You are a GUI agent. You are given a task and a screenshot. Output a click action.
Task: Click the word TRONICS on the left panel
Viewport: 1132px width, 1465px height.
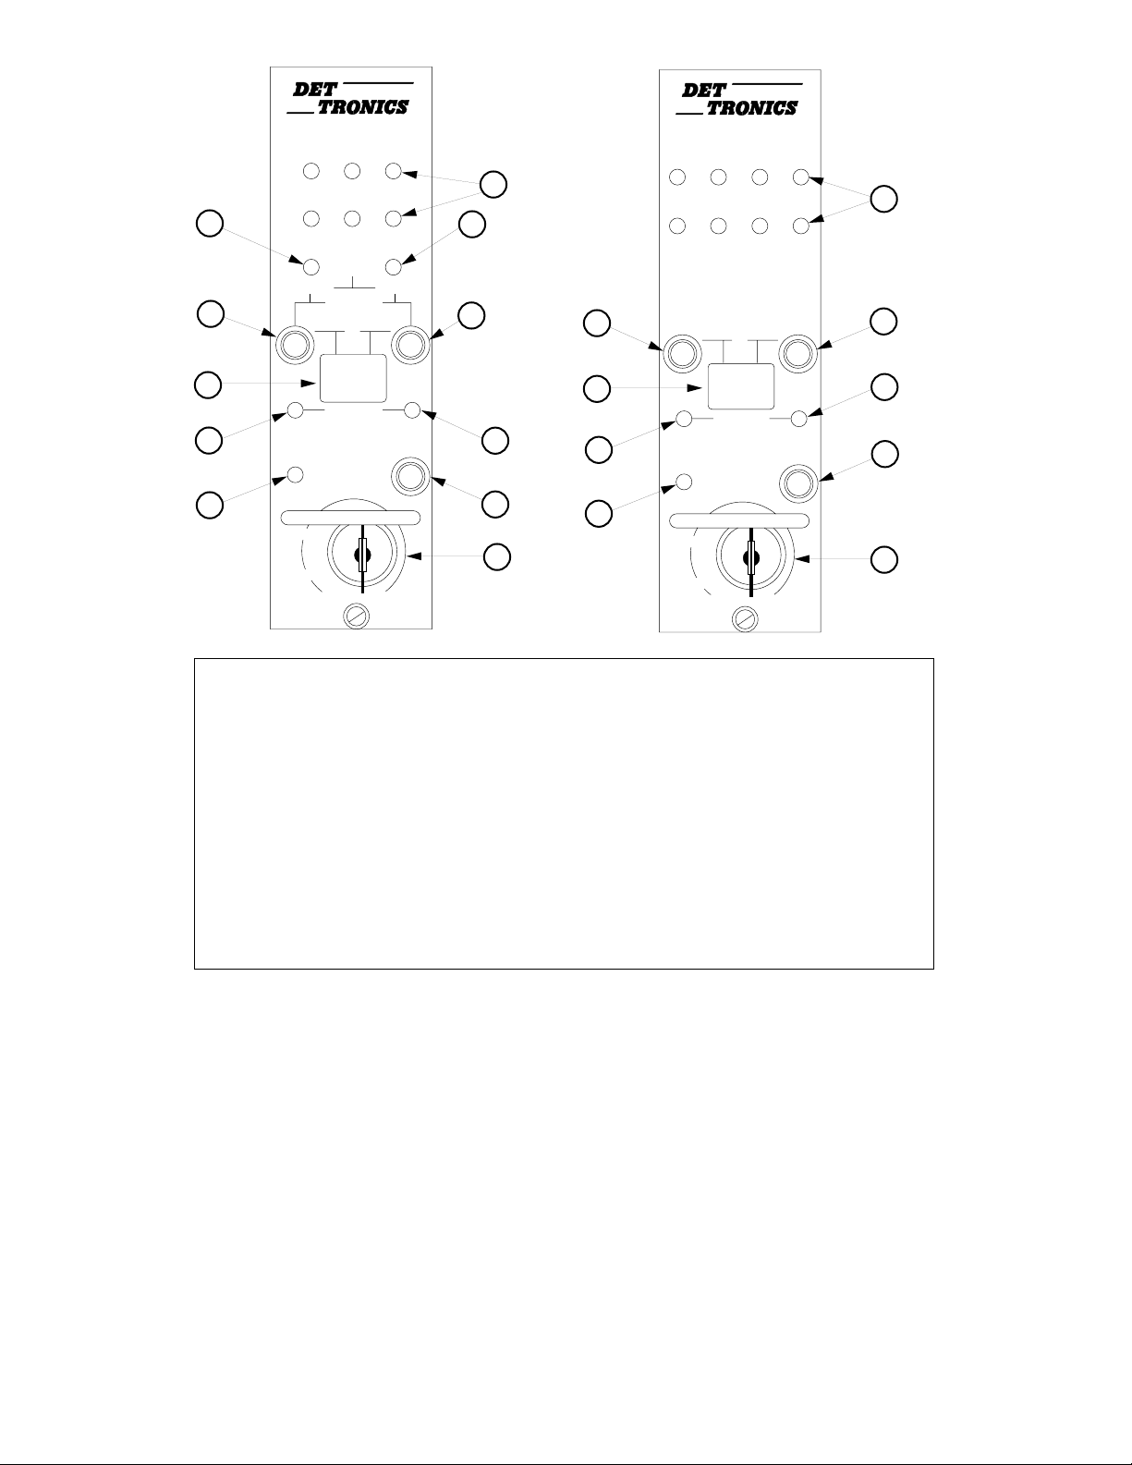pyautogui.click(x=362, y=107)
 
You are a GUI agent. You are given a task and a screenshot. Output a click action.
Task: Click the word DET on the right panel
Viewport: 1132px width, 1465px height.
pyautogui.click(x=703, y=91)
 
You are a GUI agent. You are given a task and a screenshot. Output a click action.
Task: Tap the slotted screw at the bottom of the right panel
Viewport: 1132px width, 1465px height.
pyautogui.click(x=743, y=618)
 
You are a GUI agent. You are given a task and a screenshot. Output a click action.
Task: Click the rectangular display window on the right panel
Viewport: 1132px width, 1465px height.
pyautogui.click(x=740, y=386)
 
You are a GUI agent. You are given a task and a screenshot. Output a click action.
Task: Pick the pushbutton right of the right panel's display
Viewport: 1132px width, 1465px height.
pyautogui.click(x=797, y=351)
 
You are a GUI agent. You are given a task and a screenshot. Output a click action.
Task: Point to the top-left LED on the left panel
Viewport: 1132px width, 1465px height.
pyautogui.click(x=311, y=171)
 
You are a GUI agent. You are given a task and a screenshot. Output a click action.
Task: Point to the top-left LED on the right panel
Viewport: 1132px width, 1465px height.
pyautogui.click(x=676, y=177)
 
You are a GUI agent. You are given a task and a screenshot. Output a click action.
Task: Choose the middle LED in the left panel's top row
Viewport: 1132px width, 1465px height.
pyautogui.click(x=352, y=171)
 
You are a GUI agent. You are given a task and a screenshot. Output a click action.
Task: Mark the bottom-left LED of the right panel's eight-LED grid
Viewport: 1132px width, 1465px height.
pyautogui.click(x=676, y=225)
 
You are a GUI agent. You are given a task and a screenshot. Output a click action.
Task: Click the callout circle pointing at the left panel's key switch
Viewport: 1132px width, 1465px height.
pyautogui.click(x=497, y=556)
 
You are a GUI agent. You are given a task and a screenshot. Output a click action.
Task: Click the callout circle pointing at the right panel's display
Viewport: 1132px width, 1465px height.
pyautogui.click(x=598, y=389)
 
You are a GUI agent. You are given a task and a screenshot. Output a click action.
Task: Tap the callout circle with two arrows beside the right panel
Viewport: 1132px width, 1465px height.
pyautogui.click(x=884, y=199)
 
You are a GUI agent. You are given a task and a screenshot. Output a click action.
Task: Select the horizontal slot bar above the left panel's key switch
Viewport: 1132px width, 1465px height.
pyautogui.click(x=352, y=518)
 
